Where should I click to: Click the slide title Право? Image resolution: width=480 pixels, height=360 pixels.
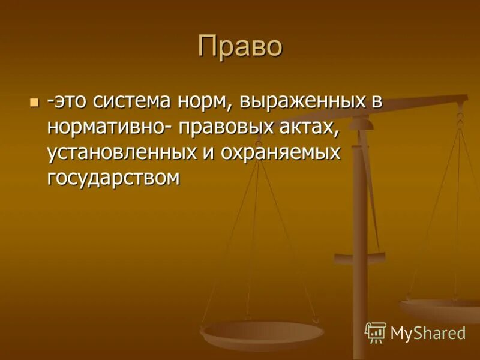click(239, 47)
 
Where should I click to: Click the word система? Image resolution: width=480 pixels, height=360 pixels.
click(130, 101)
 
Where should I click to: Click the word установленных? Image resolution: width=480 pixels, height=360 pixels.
click(121, 152)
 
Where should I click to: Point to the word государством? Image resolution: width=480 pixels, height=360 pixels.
click(113, 177)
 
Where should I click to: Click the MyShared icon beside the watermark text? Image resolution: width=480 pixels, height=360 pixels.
click(376, 332)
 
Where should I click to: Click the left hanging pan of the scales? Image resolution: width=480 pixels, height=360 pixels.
click(262, 333)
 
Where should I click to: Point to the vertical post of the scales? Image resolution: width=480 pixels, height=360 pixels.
click(360, 240)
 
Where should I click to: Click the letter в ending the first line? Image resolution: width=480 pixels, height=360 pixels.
click(375, 101)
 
